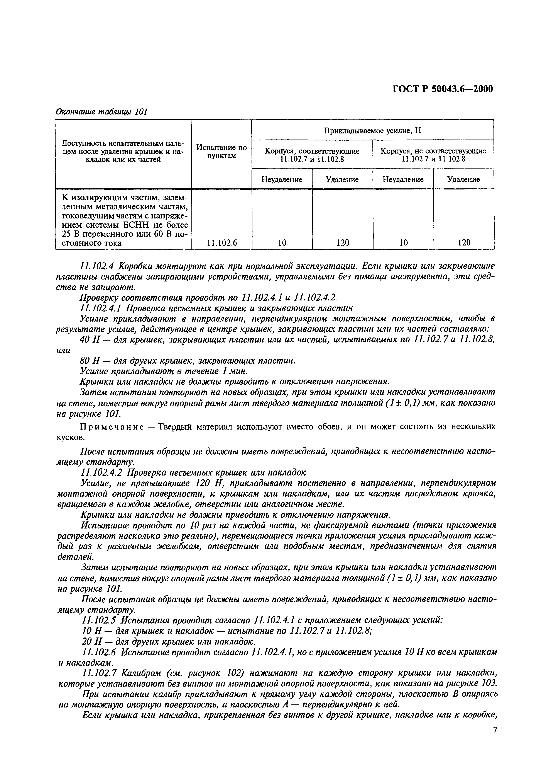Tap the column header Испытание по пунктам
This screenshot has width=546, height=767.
(x=221, y=152)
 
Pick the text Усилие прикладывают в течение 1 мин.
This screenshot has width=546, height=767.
(x=164, y=371)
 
